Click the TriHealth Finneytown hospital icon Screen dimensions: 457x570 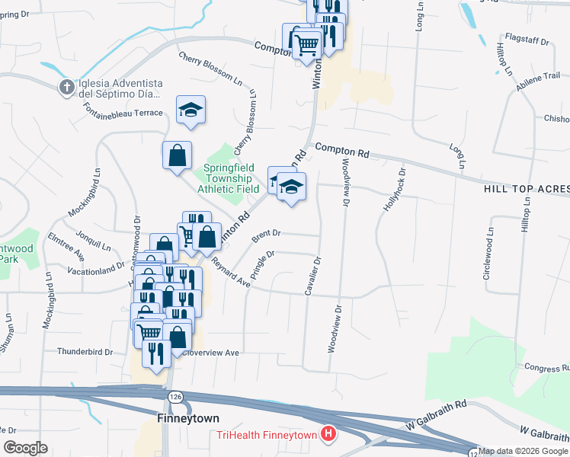click(328, 435)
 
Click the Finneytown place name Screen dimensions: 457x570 click(187, 419)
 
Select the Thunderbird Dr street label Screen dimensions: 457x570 click(85, 352)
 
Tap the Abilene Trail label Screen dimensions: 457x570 click(540, 76)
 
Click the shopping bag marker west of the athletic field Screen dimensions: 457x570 click(177, 156)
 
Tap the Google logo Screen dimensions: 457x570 click(25, 448)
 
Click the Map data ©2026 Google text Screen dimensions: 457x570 click(524, 451)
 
